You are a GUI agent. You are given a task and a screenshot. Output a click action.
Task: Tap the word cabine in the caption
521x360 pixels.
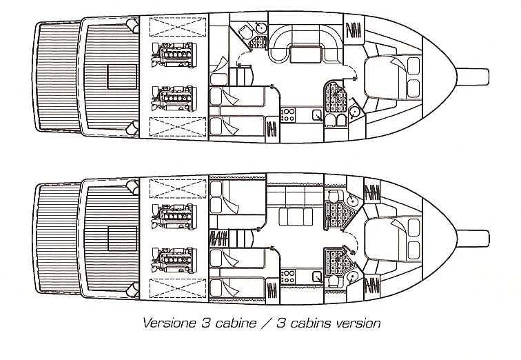click(x=236, y=323)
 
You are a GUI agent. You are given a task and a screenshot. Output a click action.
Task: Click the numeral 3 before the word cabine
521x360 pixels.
click(x=205, y=323)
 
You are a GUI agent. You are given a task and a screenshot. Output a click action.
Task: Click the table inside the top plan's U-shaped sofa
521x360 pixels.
click(x=305, y=54)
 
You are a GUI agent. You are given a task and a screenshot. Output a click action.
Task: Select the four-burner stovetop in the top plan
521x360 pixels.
click(x=288, y=114)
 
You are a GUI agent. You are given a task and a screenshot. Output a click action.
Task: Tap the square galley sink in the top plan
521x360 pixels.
click(x=317, y=115)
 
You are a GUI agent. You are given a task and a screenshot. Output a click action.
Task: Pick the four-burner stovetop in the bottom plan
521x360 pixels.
click(x=288, y=277)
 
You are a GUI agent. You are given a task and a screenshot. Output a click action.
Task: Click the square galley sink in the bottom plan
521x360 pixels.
click(x=317, y=277)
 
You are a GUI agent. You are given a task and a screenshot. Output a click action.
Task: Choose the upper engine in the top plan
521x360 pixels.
click(x=174, y=55)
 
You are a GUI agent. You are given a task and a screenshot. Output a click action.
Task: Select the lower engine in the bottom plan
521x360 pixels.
click(x=174, y=260)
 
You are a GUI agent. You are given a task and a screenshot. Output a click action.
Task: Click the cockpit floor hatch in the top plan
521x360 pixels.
click(x=122, y=77)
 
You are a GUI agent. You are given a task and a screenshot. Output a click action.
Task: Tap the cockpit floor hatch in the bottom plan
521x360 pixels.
click(x=122, y=239)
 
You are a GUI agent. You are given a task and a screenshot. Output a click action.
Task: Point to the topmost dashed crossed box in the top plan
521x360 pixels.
click(x=178, y=27)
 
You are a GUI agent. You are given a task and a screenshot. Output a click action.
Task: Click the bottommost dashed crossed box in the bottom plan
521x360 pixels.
click(x=178, y=288)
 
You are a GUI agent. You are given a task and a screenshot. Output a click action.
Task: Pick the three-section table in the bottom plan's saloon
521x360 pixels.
click(x=296, y=217)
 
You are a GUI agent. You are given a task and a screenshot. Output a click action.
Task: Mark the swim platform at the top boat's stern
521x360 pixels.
click(x=57, y=77)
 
